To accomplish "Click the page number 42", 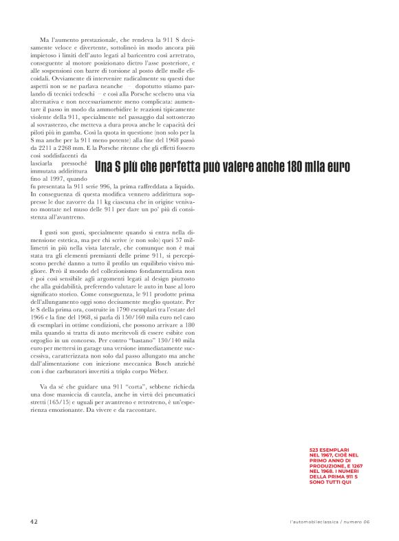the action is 34,521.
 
